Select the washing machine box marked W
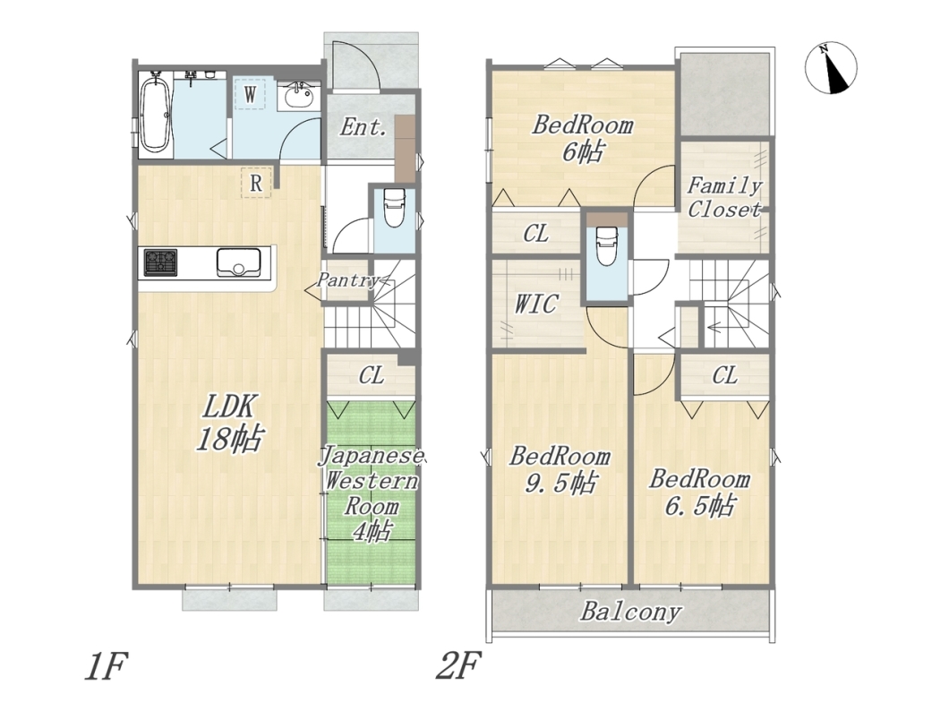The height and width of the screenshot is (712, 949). click(250, 93)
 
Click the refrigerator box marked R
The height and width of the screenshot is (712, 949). click(256, 182)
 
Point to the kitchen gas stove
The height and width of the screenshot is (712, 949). click(160, 262)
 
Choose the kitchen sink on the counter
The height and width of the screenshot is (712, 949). click(238, 262)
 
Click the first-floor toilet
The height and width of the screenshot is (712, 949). click(394, 207)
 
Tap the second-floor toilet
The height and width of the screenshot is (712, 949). click(606, 245)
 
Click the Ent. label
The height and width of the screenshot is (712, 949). click(363, 127)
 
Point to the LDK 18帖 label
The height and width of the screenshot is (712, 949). click(228, 423)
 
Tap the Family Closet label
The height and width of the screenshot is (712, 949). click(724, 197)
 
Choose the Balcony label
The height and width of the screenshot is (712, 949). click(630, 612)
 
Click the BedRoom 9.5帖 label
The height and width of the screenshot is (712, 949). click(560, 470)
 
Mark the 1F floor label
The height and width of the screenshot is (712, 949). click(107, 666)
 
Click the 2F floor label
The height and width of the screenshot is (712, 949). click(458, 666)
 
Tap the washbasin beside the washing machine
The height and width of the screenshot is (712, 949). click(298, 96)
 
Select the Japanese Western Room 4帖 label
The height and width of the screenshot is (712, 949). click(371, 493)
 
